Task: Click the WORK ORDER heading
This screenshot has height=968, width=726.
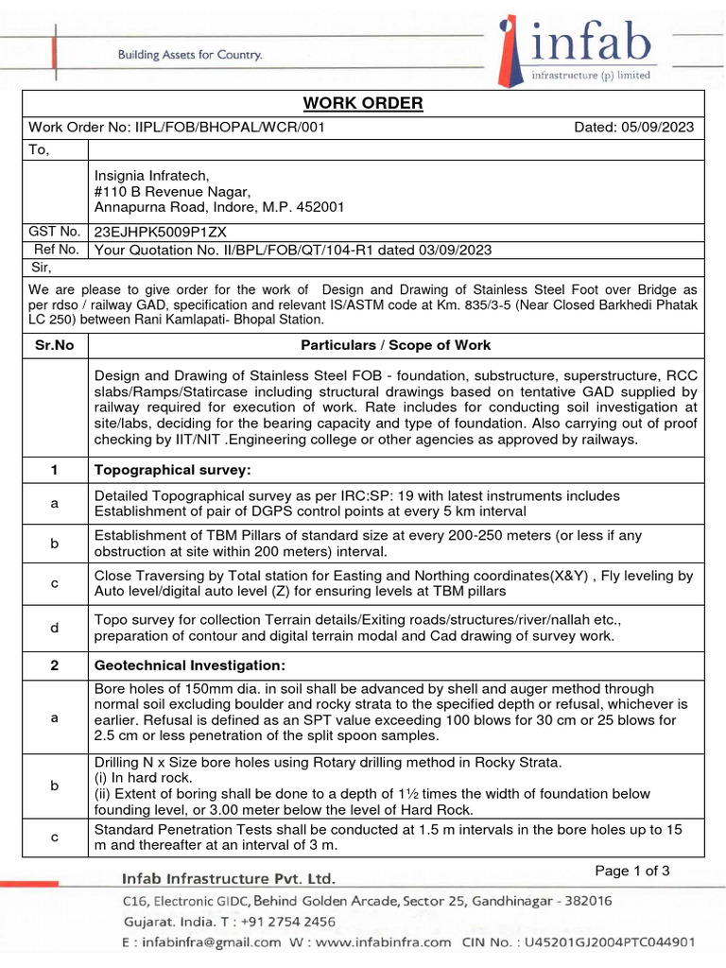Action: pyautogui.click(x=363, y=103)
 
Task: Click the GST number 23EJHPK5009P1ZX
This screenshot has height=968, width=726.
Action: pyautogui.click(x=160, y=232)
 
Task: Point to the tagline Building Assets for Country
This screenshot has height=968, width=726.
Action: pyautogui.click(x=189, y=55)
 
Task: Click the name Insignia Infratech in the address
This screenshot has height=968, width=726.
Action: pyautogui.click(x=151, y=175)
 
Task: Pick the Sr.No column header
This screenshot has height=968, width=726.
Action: pyautogui.click(x=55, y=345)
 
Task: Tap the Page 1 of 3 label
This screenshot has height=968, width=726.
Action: pyautogui.click(x=632, y=871)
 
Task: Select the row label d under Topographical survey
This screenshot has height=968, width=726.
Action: pyautogui.click(x=55, y=628)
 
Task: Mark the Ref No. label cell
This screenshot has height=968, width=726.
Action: pyautogui.click(x=55, y=250)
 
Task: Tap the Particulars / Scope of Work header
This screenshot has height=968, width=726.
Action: pyautogui.click(x=395, y=345)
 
